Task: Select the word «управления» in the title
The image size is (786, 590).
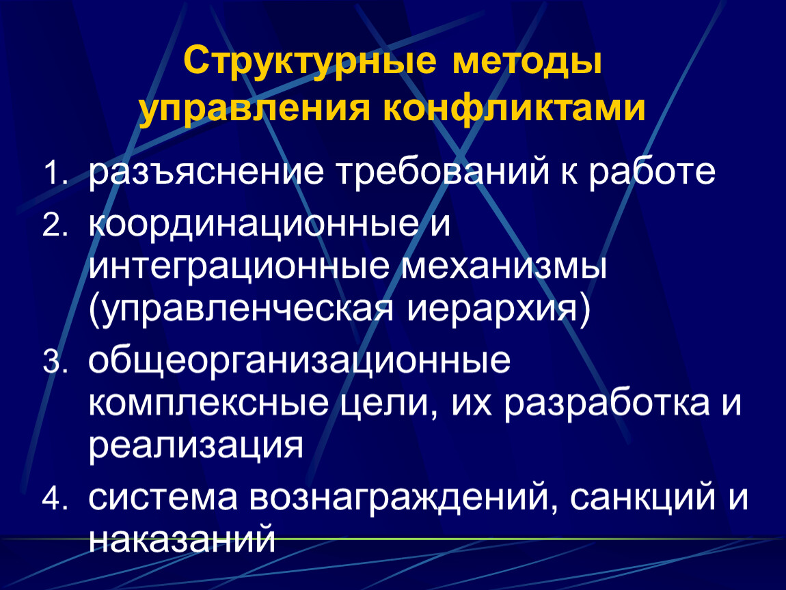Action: [255, 109]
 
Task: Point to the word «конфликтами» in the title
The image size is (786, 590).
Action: [514, 107]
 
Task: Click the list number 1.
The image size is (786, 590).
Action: [55, 172]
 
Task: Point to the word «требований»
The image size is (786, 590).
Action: [442, 171]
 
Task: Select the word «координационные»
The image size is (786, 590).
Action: [254, 227]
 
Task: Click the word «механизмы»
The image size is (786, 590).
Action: [504, 267]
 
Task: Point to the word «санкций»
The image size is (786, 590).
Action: [642, 497]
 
